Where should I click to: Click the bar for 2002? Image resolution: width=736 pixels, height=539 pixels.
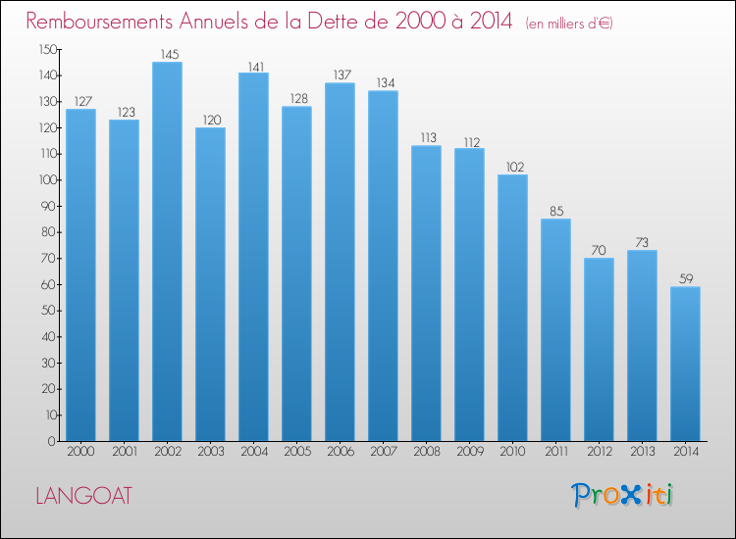click(167, 251)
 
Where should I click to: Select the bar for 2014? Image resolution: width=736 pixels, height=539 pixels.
click(685, 364)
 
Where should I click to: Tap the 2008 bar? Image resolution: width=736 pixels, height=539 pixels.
click(426, 293)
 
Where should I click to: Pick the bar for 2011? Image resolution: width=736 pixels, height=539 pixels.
click(555, 329)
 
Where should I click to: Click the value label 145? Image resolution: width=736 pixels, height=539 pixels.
click(170, 54)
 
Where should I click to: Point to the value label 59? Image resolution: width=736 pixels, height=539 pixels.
click(686, 279)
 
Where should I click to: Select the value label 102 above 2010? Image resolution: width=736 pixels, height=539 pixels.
click(515, 167)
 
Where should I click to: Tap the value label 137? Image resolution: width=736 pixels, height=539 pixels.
click(342, 75)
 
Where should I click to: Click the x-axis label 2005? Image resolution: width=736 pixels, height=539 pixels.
click(297, 452)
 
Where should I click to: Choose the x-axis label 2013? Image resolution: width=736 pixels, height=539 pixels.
click(643, 452)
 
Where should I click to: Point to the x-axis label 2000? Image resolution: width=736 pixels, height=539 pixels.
click(80, 452)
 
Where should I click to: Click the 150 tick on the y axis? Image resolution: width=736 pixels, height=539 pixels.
click(48, 50)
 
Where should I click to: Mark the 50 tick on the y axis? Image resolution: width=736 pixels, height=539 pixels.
click(49, 311)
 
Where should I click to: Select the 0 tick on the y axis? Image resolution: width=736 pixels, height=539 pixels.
click(52, 442)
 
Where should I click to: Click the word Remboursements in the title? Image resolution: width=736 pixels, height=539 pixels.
click(99, 22)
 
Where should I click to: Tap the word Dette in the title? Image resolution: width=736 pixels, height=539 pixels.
click(341, 22)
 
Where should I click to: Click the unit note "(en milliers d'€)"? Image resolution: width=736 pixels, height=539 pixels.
click(569, 24)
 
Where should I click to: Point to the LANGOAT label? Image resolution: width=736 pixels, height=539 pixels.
click(84, 496)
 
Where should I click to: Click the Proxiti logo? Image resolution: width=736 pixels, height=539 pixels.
click(621, 495)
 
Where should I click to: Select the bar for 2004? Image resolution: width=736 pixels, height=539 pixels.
click(253, 257)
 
